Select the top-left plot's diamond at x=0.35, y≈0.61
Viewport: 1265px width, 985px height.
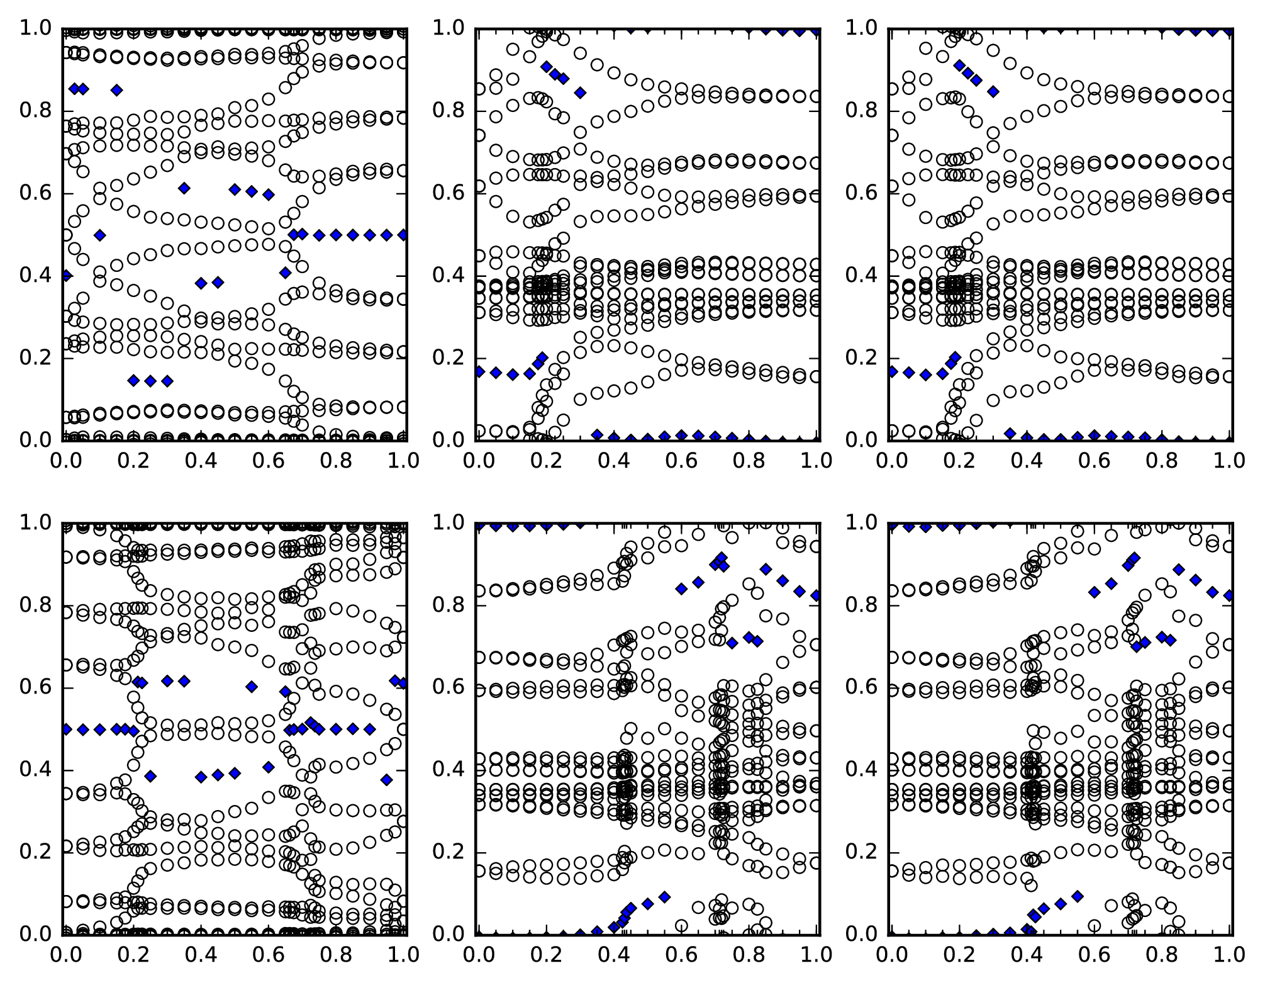[x=184, y=188]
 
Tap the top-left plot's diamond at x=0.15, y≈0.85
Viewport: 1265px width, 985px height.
[x=116, y=90]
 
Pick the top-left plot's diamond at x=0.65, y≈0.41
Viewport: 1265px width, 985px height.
[x=285, y=273]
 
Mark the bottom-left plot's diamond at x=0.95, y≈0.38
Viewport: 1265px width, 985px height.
[x=386, y=779]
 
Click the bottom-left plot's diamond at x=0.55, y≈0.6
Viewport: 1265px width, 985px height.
[x=252, y=687]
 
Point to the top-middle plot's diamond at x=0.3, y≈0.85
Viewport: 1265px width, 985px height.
[x=580, y=93]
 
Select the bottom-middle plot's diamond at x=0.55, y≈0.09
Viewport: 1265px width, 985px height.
[x=664, y=896]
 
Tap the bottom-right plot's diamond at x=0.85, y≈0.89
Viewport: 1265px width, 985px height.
[x=1178, y=569]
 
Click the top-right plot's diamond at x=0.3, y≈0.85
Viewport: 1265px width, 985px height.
[x=993, y=92]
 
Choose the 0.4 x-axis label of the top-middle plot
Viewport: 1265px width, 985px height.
[x=614, y=461]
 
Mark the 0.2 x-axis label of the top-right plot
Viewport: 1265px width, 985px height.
[x=958, y=461]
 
